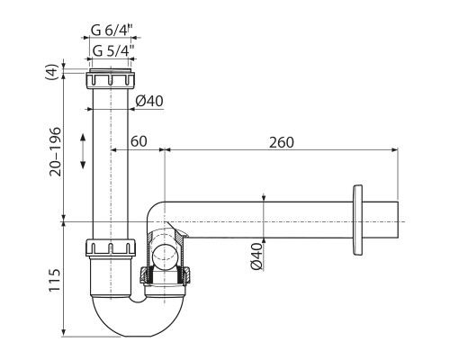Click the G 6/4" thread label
112,30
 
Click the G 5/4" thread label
113,50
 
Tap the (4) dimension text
51,72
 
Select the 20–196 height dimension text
56,152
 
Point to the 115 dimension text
55,280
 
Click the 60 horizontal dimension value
139,141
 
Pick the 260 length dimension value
281,142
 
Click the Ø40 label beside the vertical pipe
149,101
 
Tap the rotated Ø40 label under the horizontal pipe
256,256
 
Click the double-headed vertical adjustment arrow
83,151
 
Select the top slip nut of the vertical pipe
110,79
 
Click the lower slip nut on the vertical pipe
110,247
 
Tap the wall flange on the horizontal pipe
357,220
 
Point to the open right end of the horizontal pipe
398,220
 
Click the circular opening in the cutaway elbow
165,255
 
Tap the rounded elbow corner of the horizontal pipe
154,209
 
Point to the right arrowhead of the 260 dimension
395,149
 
